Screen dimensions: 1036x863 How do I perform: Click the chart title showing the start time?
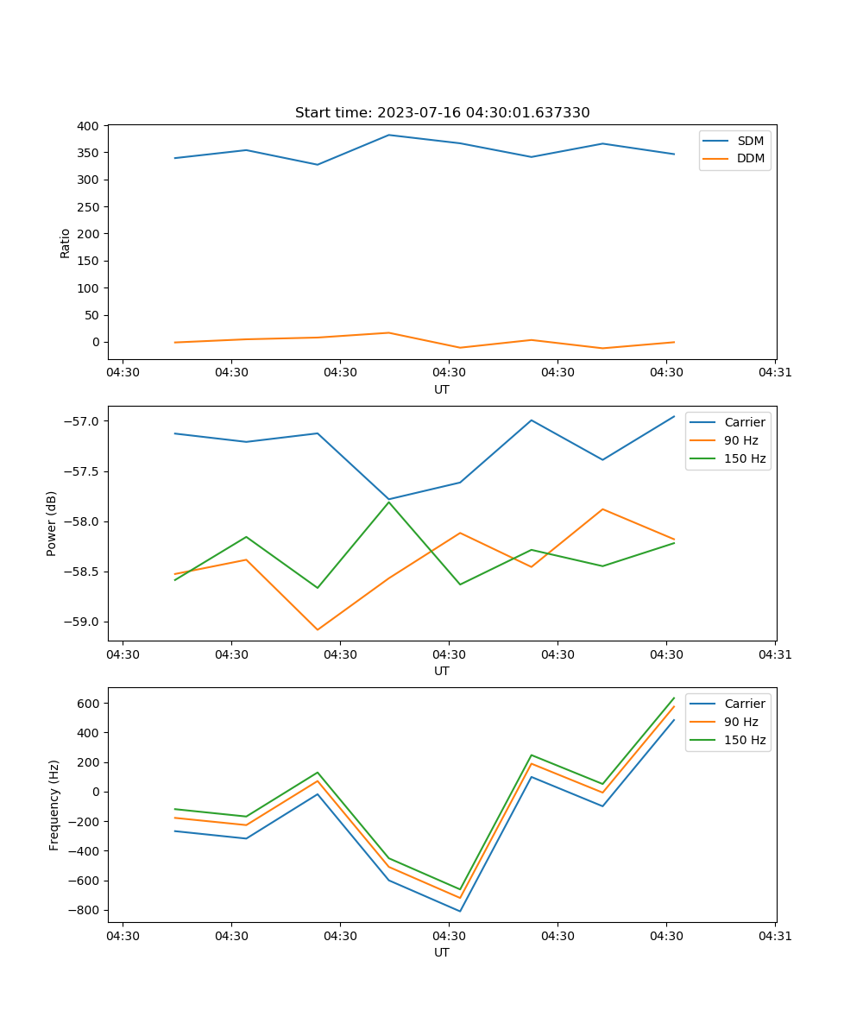pos(442,113)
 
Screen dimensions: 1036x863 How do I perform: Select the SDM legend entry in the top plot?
pos(750,141)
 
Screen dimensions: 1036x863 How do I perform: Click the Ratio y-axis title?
pos(66,243)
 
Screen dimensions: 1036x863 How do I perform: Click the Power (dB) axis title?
pos(52,523)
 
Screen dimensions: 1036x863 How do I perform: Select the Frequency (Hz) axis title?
pos(54,805)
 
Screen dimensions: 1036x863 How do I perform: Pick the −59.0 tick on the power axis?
pos(83,622)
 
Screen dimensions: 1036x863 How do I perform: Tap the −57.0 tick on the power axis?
pos(83,421)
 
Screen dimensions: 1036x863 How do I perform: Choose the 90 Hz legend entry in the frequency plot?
pos(741,722)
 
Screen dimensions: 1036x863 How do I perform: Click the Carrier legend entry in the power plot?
pos(745,422)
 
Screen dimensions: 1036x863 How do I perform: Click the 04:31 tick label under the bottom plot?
pos(774,935)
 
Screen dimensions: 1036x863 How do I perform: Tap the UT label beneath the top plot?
pos(442,389)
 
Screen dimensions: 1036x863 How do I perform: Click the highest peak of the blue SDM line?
pos(388,135)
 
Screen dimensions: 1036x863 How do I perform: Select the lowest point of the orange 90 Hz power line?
pos(318,629)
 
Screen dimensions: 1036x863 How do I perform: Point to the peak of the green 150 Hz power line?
pos(389,502)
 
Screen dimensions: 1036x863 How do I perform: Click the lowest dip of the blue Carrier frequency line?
pos(460,911)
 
